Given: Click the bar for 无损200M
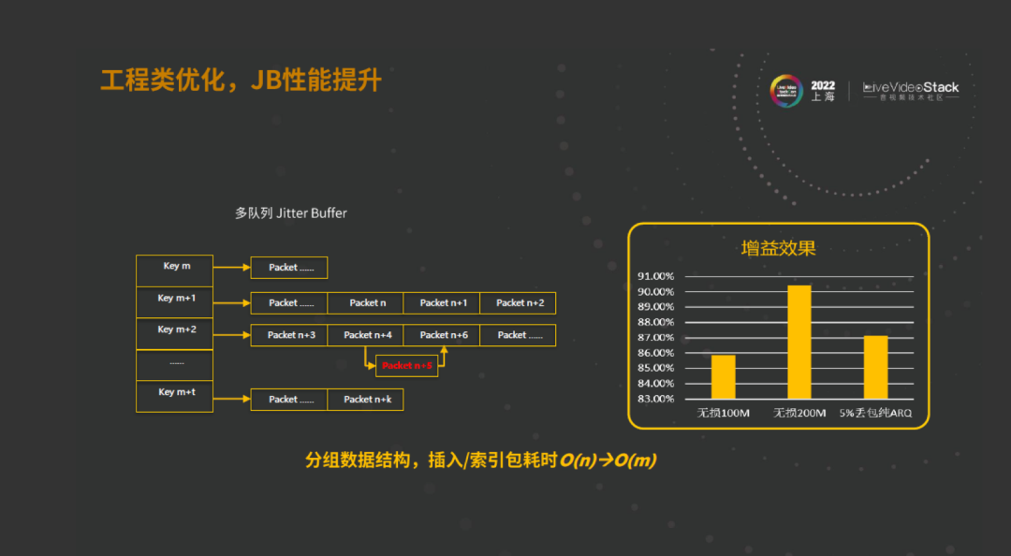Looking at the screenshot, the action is click(x=799, y=342).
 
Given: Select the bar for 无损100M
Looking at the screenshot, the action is click(x=723, y=376).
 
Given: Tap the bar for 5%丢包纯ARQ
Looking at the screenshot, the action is click(x=875, y=367).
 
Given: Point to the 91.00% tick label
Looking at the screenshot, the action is click(x=656, y=276).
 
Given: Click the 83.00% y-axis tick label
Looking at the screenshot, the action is click(x=656, y=399).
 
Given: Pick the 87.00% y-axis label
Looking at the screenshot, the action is click(x=656, y=338).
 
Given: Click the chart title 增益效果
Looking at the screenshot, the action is click(x=778, y=249).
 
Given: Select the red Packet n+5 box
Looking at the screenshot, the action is click(x=407, y=365).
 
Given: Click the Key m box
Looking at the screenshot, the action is click(x=175, y=270).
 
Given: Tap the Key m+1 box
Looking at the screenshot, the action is click(x=175, y=301).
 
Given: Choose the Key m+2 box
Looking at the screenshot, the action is click(x=175, y=333).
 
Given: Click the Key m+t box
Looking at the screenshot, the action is click(x=175, y=395).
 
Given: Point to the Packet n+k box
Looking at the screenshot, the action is click(x=365, y=400).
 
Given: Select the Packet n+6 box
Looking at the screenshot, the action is click(x=443, y=335).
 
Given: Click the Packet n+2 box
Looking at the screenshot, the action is click(x=519, y=303).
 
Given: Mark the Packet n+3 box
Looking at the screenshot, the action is click(x=289, y=335).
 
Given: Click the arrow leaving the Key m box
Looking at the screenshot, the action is click(x=231, y=268).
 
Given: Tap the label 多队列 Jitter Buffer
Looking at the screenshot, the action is click(x=290, y=213).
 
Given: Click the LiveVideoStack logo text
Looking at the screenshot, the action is click(x=911, y=87).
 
